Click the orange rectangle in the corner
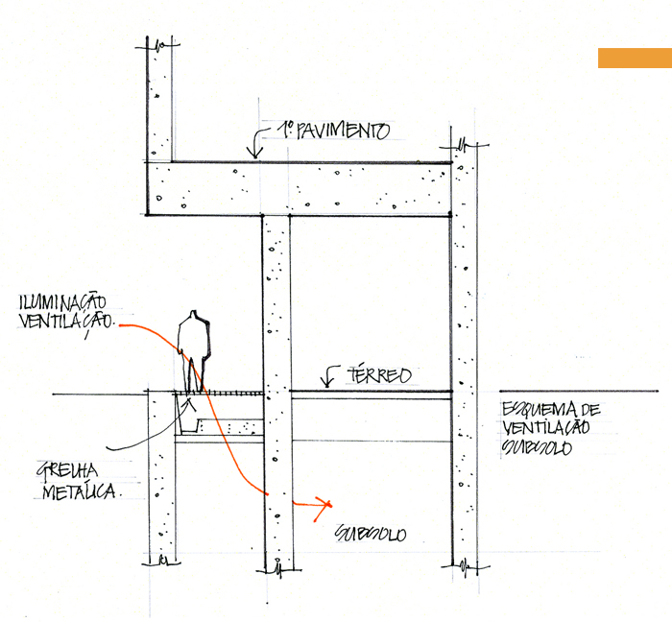[635, 58]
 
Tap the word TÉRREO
[381, 374]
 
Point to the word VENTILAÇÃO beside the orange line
[65, 323]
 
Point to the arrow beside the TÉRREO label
[329, 376]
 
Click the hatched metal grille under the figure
[219, 393]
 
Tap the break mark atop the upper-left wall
[158, 43]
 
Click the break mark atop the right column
[465, 145]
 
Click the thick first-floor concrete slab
[298, 188]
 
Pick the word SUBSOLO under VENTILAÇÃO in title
[537, 448]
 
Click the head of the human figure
[196, 317]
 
